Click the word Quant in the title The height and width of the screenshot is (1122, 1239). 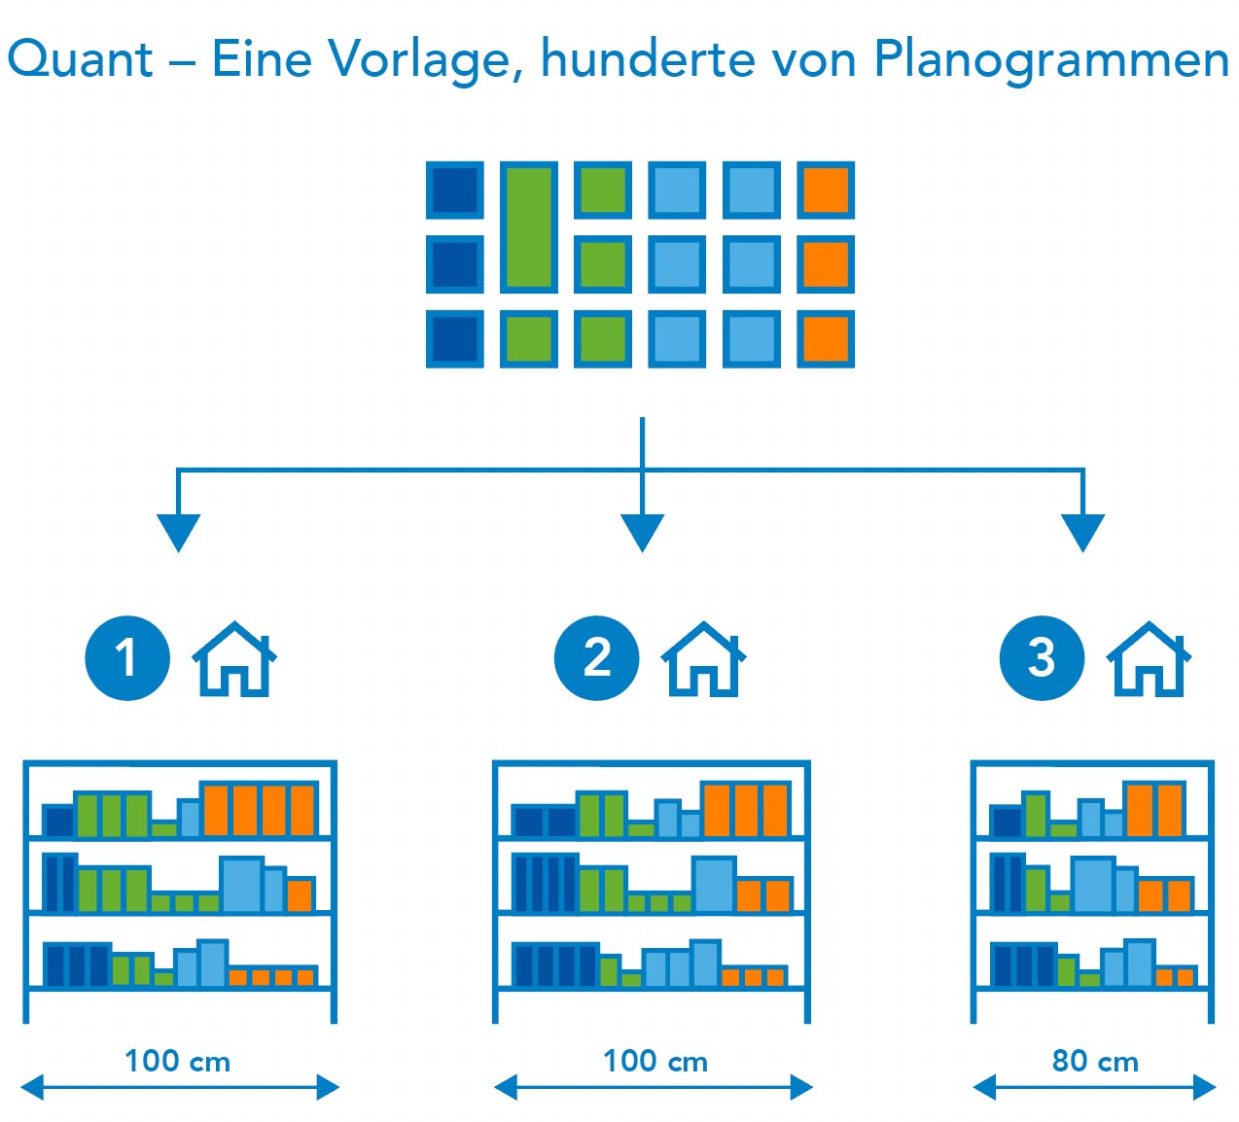[x=80, y=59]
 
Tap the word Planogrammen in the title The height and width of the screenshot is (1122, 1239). [x=1051, y=59]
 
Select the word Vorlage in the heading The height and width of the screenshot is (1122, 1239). [x=419, y=59]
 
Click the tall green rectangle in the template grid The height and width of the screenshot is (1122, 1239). [x=529, y=228]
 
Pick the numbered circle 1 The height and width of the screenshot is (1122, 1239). [x=127, y=658]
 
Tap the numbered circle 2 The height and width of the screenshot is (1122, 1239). [x=596, y=658]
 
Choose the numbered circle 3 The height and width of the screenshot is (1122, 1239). [x=1042, y=658]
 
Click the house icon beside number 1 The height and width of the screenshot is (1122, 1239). [x=234, y=660]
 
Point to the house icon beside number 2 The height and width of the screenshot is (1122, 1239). [x=703, y=660]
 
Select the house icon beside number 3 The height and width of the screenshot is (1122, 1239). [x=1149, y=660]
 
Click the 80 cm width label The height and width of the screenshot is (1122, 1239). [x=1095, y=1061]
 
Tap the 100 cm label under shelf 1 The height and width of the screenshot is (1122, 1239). [x=178, y=1061]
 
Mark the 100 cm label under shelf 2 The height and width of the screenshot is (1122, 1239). [x=655, y=1061]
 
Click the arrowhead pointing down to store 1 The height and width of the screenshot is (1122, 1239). [x=178, y=533]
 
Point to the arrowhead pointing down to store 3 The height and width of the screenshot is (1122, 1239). [x=1082, y=533]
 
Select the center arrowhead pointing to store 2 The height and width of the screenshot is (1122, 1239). [x=642, y=533]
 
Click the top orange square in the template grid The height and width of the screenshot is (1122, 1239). [x=826, y=191]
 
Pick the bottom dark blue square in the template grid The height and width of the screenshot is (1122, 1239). [x=455, y=339]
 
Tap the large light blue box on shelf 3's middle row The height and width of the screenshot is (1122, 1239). [x=1093, y=884]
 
